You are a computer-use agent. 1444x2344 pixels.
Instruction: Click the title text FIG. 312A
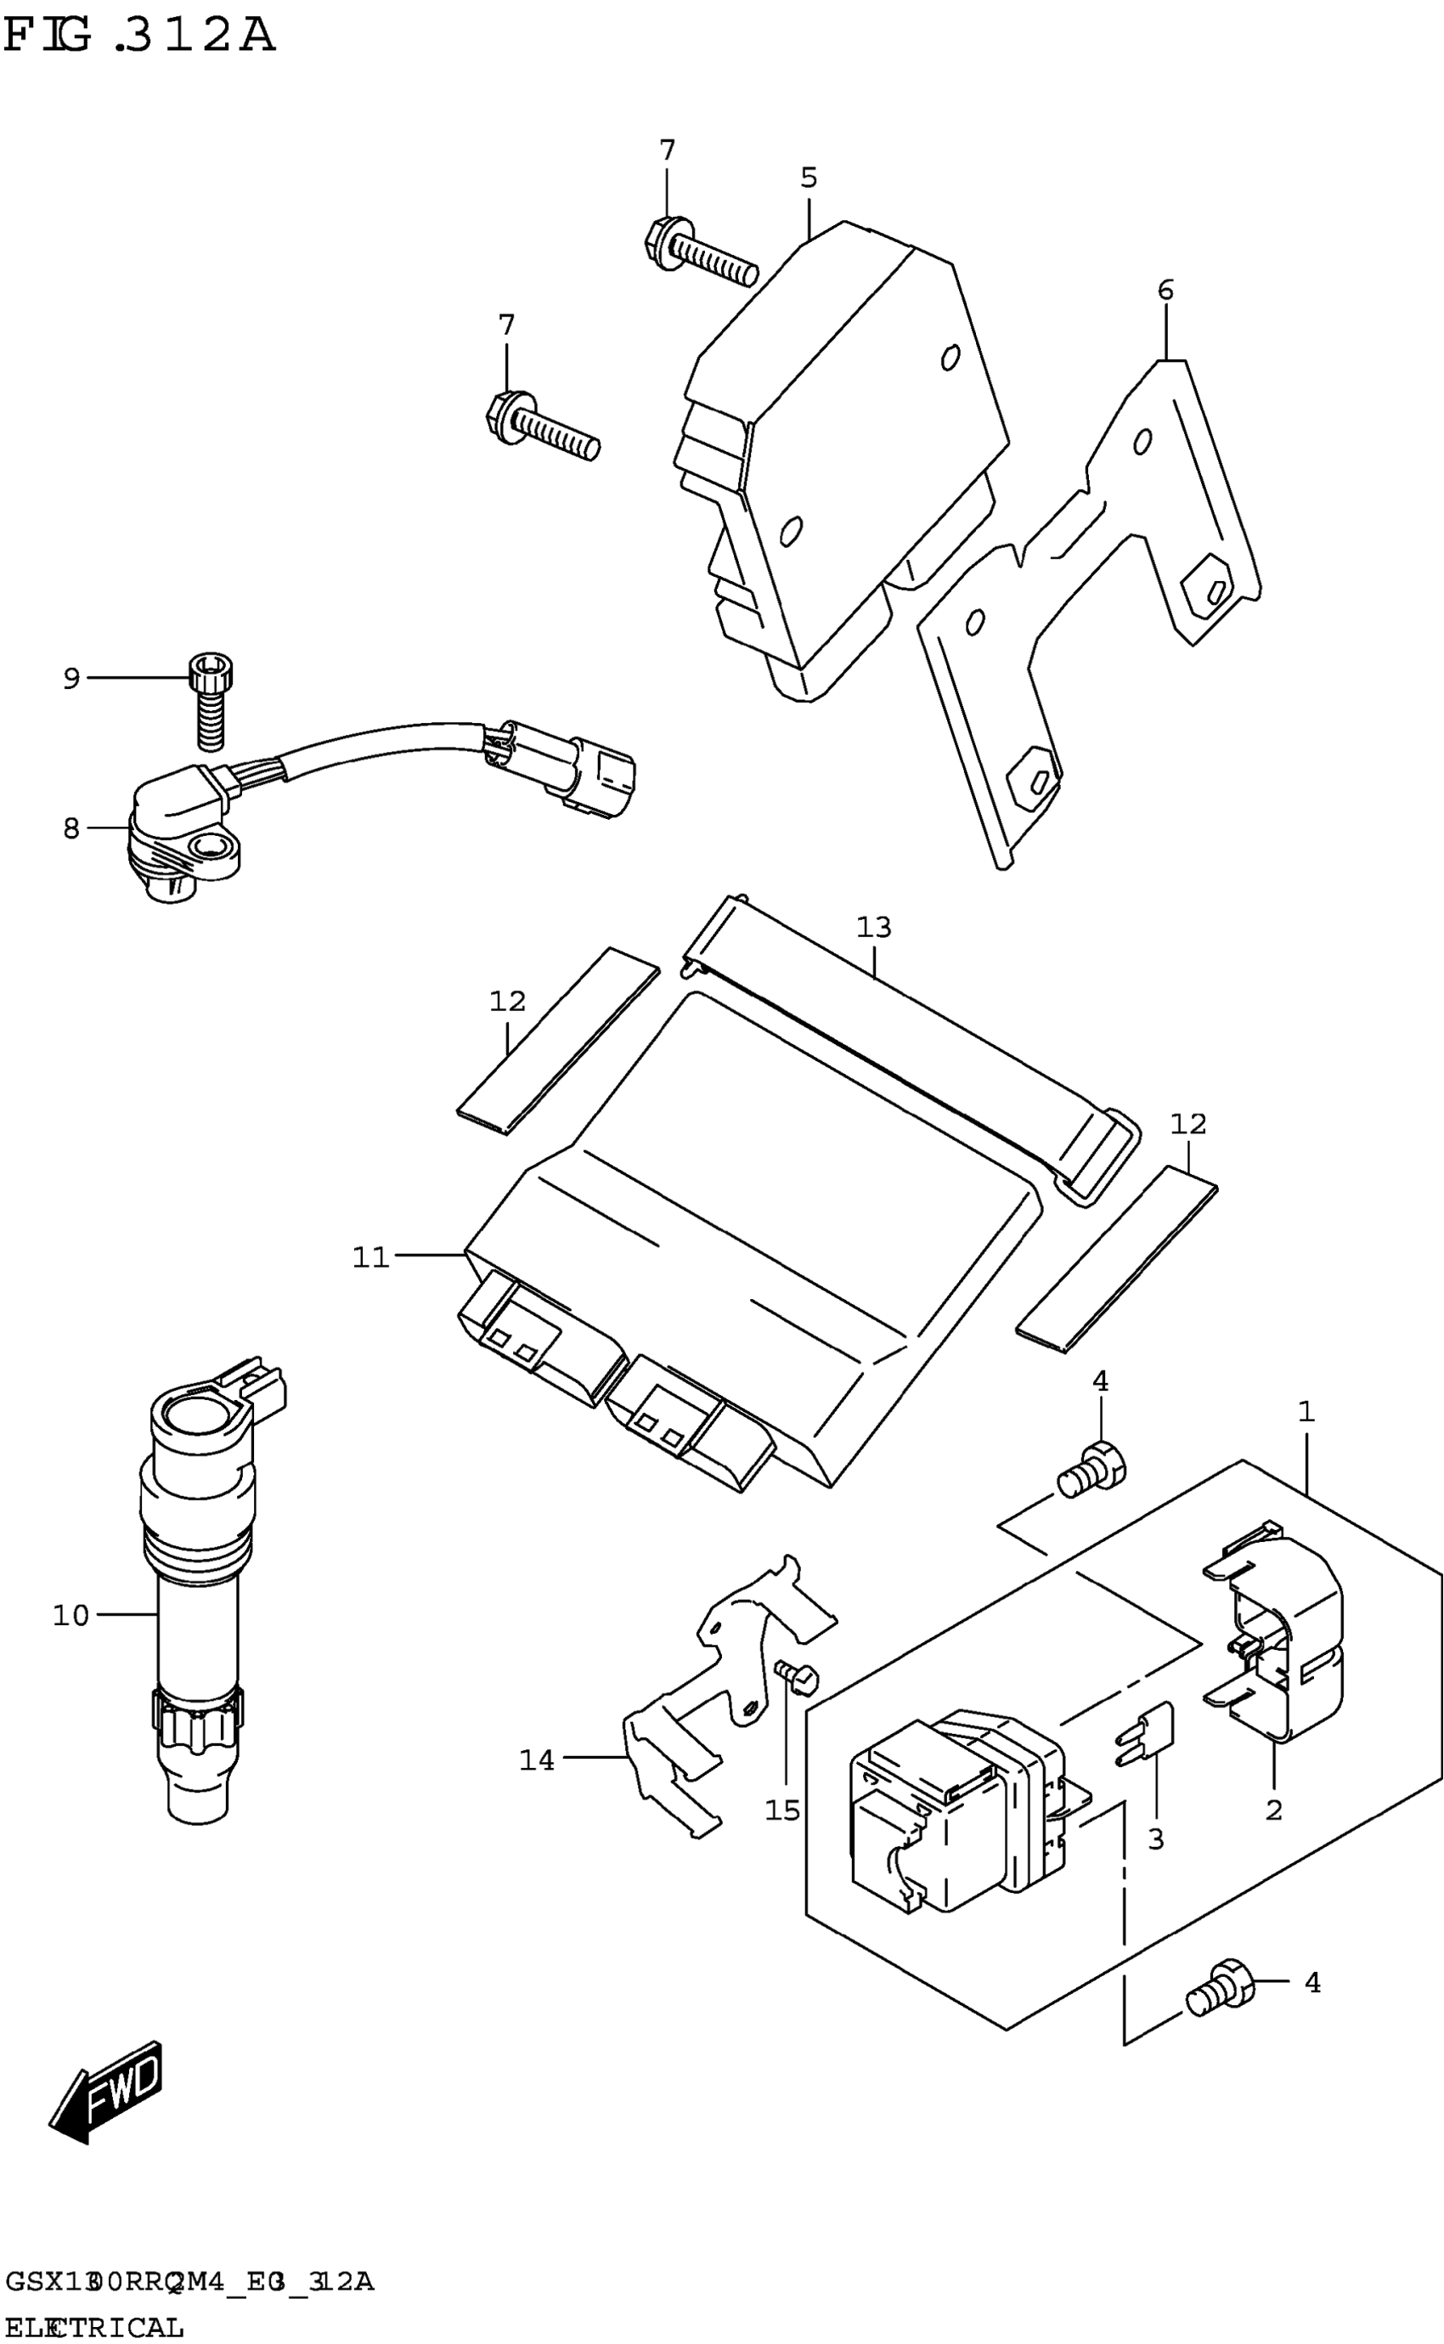coord(139,37)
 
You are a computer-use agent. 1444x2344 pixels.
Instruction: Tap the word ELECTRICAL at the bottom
coord(93,2326)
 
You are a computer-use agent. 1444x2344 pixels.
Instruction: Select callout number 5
coord(809,178)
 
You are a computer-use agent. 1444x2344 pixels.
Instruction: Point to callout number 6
coord(1165,290)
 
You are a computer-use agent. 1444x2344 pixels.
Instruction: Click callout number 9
coord(71,678)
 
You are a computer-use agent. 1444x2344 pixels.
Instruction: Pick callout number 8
coord(71,828)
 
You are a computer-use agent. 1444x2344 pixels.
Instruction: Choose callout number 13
coord(873,927)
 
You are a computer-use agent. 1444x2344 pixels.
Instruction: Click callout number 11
coord(371,1257)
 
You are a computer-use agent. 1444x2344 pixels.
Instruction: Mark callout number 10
coord(71,1615)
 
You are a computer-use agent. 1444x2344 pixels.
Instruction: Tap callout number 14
coord(537,1759)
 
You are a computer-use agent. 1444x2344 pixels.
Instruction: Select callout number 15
coord(782,1810)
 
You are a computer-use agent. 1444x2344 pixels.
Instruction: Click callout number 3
coord(1155,1838)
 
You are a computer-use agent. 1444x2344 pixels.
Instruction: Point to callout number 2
coord(1273,1810)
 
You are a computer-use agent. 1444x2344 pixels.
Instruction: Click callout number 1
coord(1306,1411)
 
